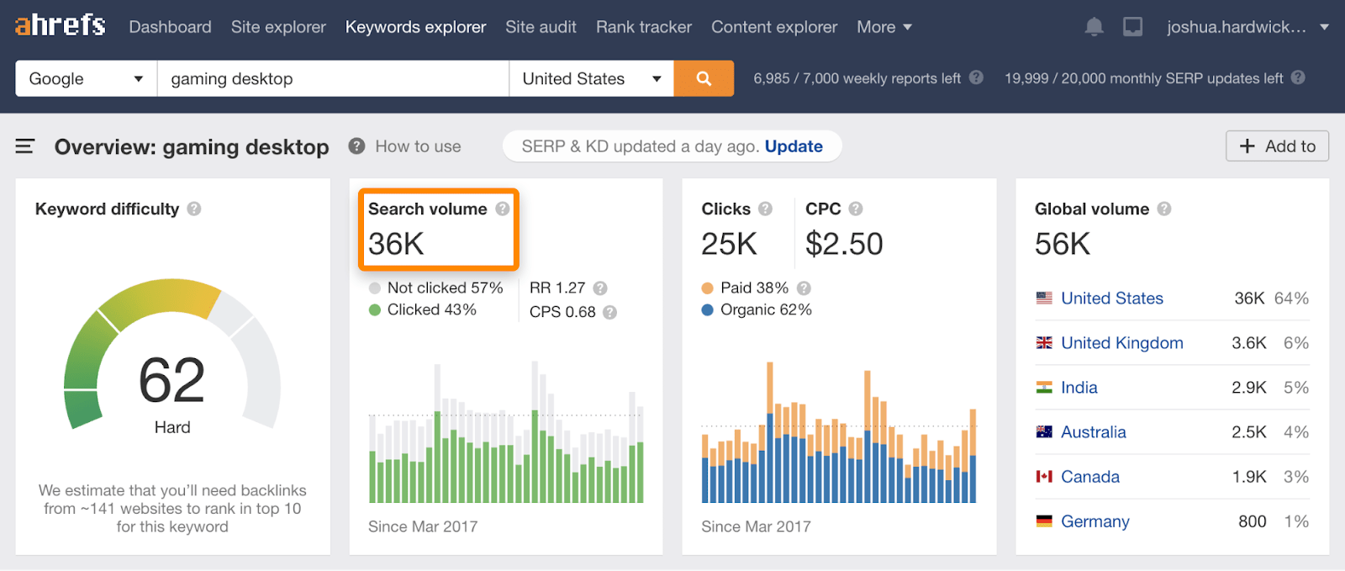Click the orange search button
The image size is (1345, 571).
[704, 78]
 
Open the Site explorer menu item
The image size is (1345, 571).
[278, 27]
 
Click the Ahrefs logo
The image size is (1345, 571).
[60, 25]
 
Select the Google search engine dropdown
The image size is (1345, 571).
[86, 78]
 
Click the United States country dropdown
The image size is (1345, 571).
[591, 78]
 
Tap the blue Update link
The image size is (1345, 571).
[793, 146]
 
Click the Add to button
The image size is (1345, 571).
[1277, 146]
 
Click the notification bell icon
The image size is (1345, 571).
[1094, 27]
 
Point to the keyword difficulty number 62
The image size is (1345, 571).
[171, 380]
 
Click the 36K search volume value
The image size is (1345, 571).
[396, 244]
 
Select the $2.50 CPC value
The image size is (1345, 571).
[844, 244]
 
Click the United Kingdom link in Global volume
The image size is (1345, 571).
[1121, 343]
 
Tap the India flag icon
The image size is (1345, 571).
[1044, 388]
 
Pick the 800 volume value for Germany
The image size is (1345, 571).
[1252, 521]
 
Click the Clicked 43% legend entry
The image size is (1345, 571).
[431, 309]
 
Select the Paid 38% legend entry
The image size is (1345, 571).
[753, 288]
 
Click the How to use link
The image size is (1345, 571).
[418, 146]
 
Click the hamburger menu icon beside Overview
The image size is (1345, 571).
[25, 146]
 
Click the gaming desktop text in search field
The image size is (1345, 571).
[232, 78]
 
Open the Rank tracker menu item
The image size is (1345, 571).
[643, 27]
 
